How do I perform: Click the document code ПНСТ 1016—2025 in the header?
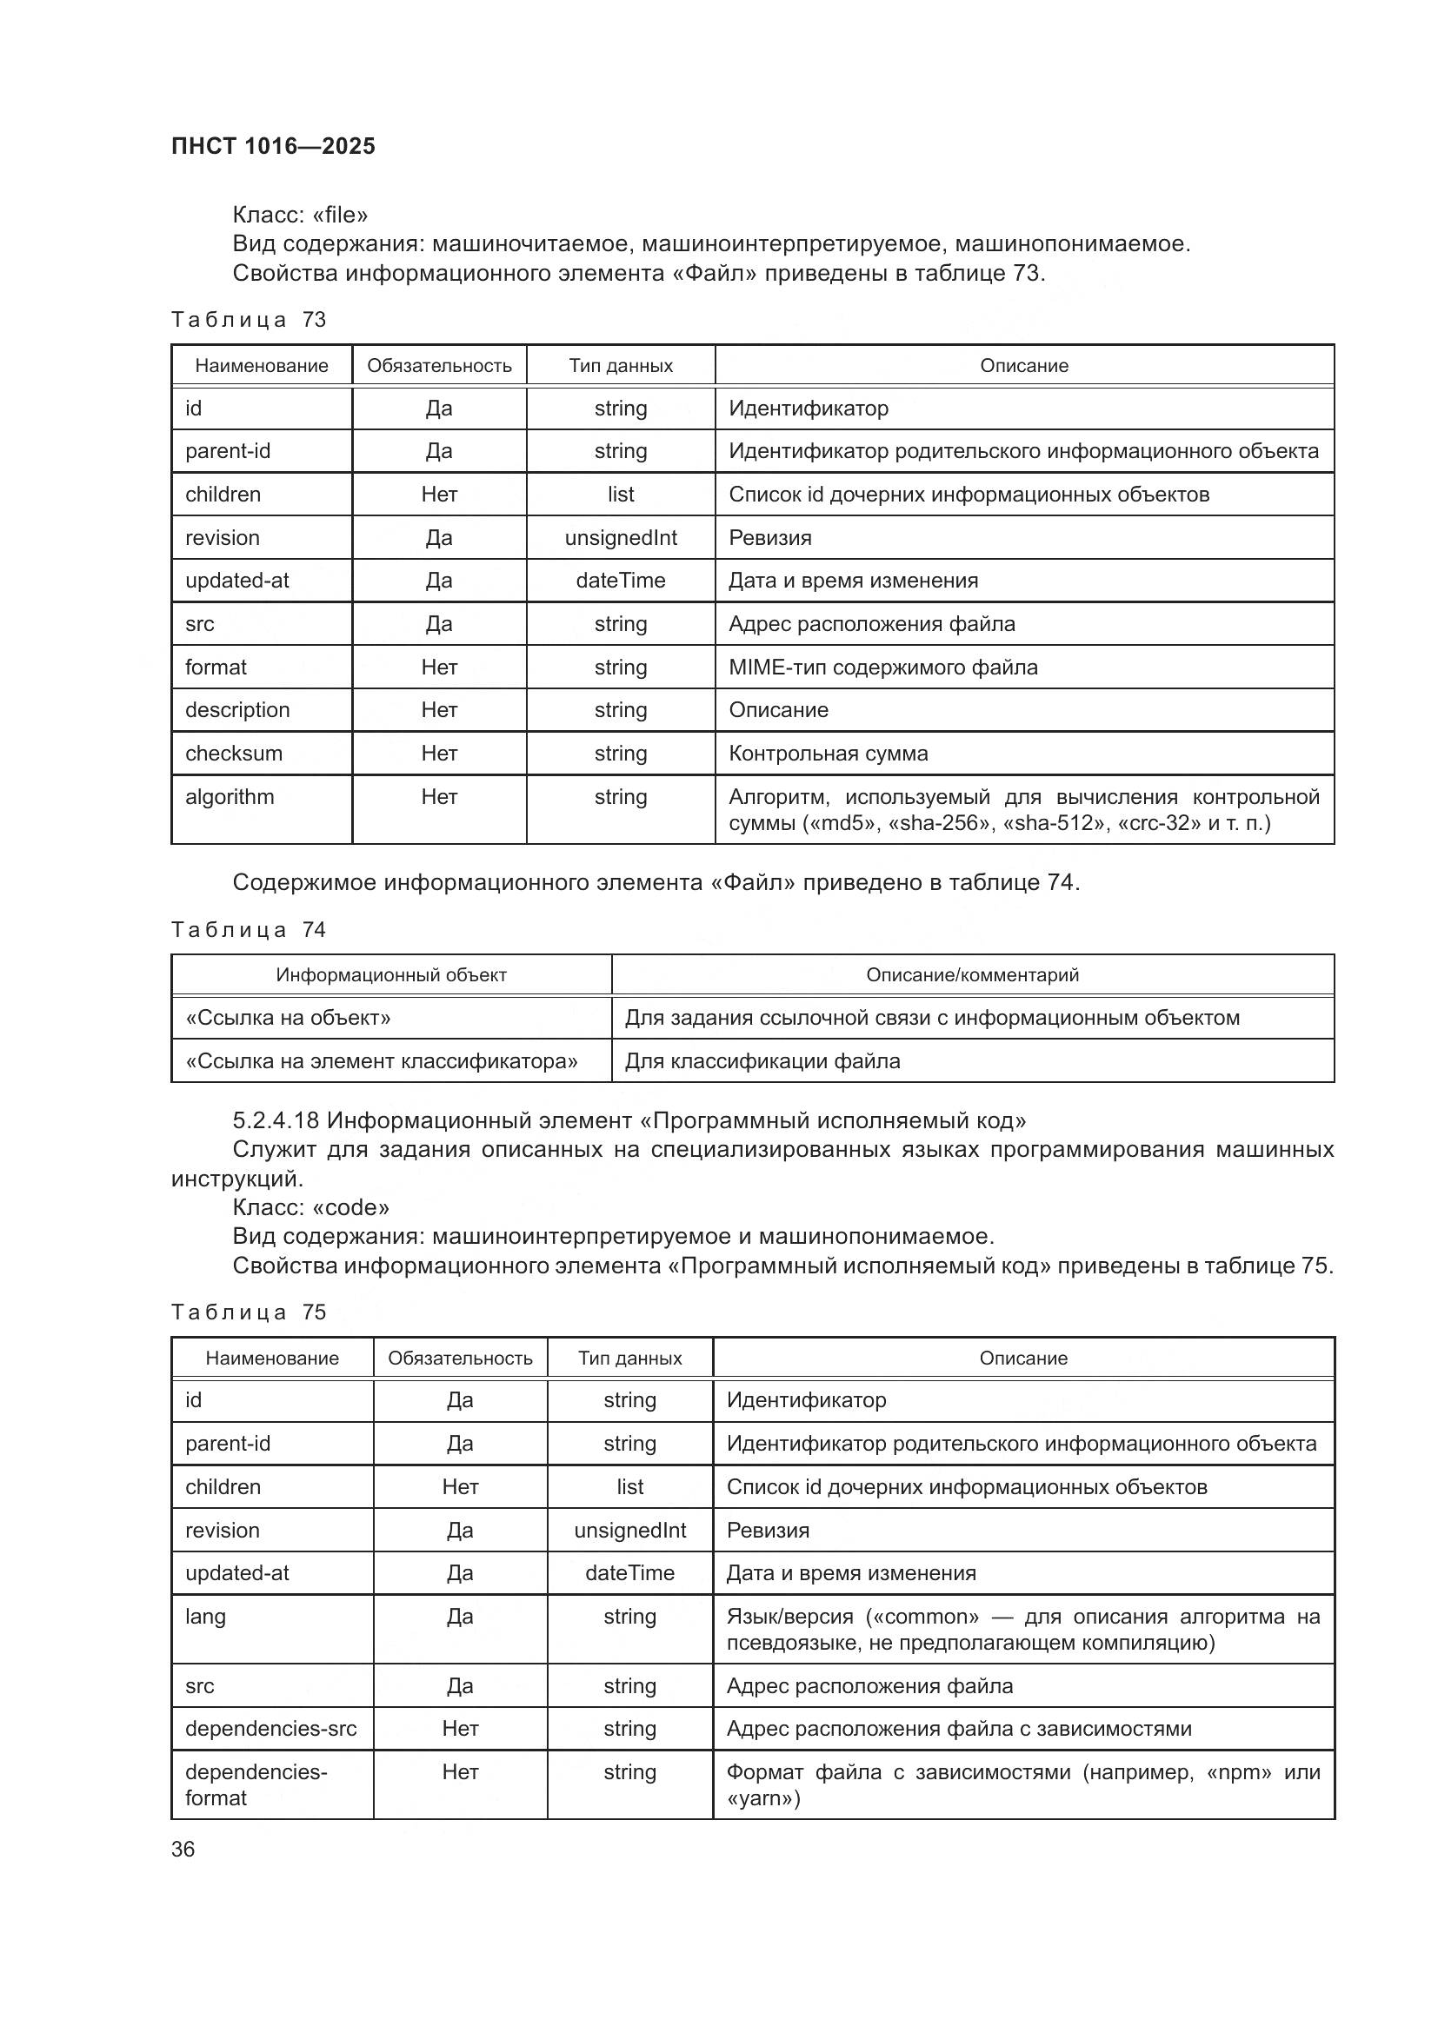pyautogui.click(x=273, y=146)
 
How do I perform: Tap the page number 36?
pyautogui.click(x=183, y=1849)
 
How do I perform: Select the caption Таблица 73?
pyautogui.click(x=248, y=320)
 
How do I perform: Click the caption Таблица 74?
pyautogui.click(x=248, y=930)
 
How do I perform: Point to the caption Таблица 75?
pyautogui.click(x=248, y=1312)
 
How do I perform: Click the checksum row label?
pyautogui.click(x=234, y=754)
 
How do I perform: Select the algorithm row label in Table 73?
pyautogui.click(x=230, y=797)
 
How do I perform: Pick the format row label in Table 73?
pyautogui.click(x=216, y=668)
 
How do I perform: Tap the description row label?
pyautogui.click(x=237, y=710)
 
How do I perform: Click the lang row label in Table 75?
pyautogui.click(x=205, y=1617)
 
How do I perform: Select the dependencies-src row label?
pyautogui.click(x=270, y=1729)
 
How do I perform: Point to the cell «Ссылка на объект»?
pyautogui.click(x=288, y=1019)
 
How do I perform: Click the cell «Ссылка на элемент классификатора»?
pyautogui.click(x=381, y=1061)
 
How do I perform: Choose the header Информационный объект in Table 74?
pyautogui.click(x=390, y=976)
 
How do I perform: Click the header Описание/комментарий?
pyautogui.click(x=972, y=976)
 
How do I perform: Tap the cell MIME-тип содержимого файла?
pyautogui.click(x=882, y=668)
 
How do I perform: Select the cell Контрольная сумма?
pyautogui.click(x=828, y=754)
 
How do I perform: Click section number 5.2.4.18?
pyautogui.click(x=276, y=1121)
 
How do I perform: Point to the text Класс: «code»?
pyautogui.click(x=310, y=1208)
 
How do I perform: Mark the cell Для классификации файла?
pyautogui.click(x=762, y=1061)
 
